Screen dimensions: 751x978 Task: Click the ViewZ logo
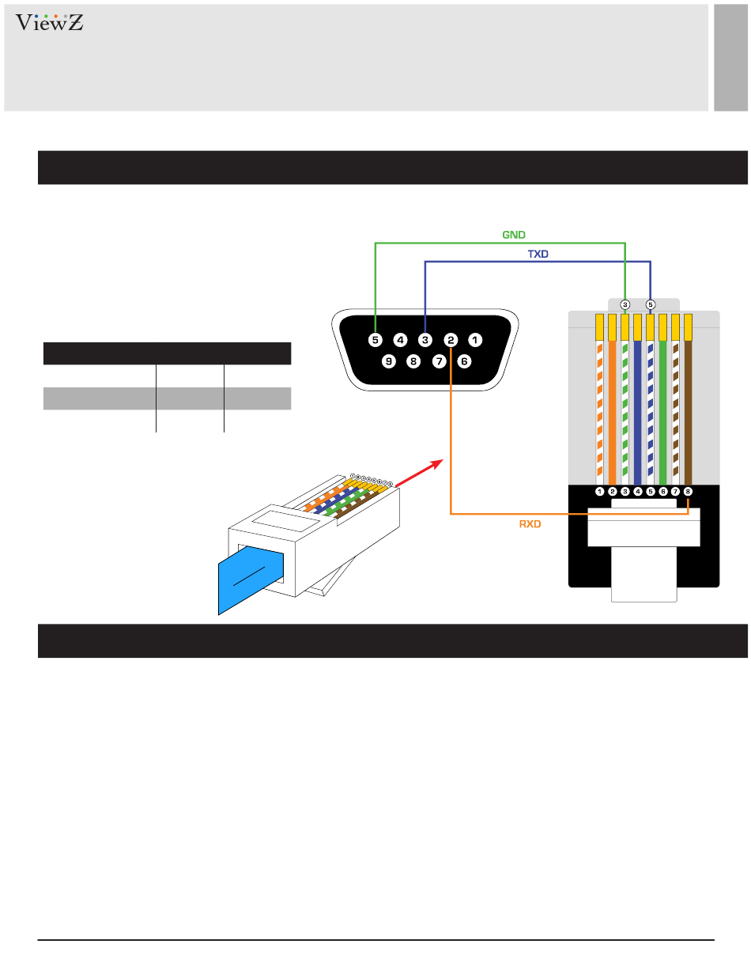coord(49,23)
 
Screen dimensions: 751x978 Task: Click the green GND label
coord(514,235)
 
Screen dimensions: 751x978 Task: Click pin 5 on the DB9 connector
coord(375,341)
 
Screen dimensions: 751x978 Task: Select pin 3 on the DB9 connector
coord(425,341)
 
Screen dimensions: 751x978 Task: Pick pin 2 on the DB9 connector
coord(450,341)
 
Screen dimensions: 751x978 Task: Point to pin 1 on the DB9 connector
coord(474,341)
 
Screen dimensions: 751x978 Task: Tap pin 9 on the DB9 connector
coord(388,362)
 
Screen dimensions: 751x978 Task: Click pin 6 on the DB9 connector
coord(463,362)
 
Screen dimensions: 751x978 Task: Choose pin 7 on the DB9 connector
coord(439,362)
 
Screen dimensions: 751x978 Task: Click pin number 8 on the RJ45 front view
coord(688,491)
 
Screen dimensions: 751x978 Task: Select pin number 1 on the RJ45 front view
coord(600,491)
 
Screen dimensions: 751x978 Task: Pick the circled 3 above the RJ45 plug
coord(625,304)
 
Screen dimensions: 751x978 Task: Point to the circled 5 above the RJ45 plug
coord(651,304)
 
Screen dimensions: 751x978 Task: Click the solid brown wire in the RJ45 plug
coord(688,411)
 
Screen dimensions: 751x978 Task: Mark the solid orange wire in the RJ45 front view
coord(613,411)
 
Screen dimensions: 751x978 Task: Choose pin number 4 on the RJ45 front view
coord(638,491)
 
